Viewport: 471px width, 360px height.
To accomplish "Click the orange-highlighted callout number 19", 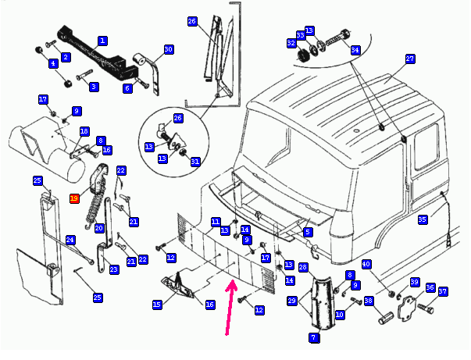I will [74, 198].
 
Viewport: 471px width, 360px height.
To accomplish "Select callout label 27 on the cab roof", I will [409, 59].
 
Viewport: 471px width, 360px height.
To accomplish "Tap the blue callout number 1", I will [102, 40].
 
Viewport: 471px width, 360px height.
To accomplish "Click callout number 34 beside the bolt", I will [355, 50].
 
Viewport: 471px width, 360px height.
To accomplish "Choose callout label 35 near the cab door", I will [423, 219].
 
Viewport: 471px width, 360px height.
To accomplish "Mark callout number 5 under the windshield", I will [308, 232].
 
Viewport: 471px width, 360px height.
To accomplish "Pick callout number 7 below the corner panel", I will [313, 337].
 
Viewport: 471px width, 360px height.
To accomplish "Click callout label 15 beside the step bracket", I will [157, 304].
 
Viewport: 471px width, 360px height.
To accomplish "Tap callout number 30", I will [168, 49].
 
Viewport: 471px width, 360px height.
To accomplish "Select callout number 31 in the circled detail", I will [195, 162].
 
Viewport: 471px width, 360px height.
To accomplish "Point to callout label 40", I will [366, 265].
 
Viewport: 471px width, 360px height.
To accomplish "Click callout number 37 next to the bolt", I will [443, 292].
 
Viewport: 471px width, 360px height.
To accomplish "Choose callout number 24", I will [70, 239].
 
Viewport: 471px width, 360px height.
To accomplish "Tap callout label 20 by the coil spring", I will [99, 228].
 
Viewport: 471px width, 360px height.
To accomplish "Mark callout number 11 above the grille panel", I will [215, 222].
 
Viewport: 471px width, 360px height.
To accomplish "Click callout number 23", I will [114, 269].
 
